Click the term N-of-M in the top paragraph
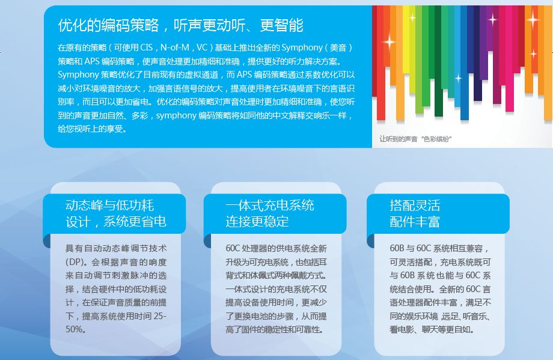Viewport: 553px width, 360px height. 175,47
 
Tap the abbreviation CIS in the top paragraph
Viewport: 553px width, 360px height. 146,47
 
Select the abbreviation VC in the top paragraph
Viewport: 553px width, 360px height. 202,47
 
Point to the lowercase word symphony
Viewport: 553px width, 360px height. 176,115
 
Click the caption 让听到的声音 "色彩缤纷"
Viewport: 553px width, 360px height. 415,139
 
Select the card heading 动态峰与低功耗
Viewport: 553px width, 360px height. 109,205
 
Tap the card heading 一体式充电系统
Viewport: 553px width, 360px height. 270,205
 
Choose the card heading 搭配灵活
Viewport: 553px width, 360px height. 415,205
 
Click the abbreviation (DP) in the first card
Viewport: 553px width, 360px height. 76,262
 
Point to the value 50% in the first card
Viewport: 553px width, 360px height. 74,329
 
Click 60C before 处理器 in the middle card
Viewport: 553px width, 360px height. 233,248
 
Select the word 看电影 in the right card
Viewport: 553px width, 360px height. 402,329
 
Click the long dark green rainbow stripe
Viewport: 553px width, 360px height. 438,60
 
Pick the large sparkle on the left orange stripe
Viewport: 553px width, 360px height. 389,41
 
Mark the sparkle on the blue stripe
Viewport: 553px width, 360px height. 458,78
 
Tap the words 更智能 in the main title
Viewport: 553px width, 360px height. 281,25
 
